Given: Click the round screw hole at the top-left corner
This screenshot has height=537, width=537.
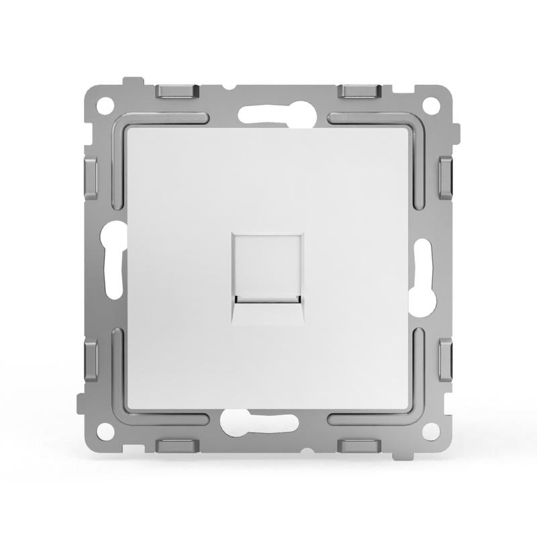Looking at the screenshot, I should (x=105, y=105).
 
